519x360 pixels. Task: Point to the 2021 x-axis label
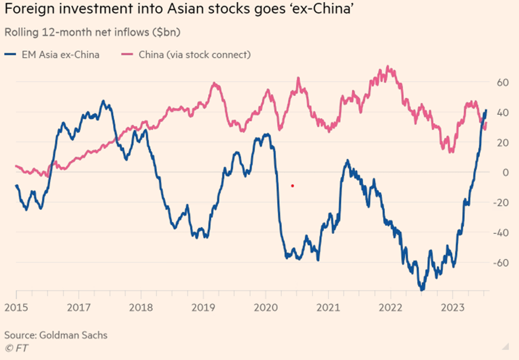pyautogui.click(x=328, y=308)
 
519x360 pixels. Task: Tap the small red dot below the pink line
pyautogui.click(x=292, y=186)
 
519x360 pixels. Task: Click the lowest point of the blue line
pyautogui.click(x=422, y=289)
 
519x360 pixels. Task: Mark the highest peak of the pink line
pyautogui.click(x=390, y=67)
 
